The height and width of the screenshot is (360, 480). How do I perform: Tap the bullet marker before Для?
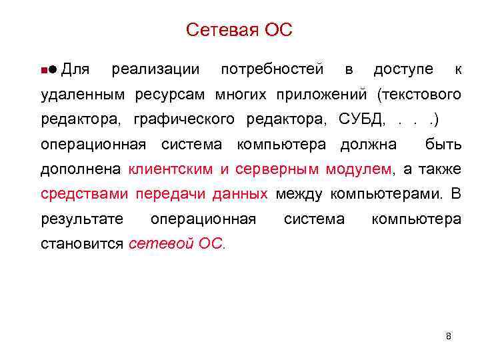(x=48, y=69)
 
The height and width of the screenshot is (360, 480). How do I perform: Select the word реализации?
(x=155, y=69)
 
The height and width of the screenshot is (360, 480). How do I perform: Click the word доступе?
(x=403, y=69)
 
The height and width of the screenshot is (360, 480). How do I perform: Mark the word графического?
(x=184, y=119)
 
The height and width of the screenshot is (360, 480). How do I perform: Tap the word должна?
(x=368, y=144)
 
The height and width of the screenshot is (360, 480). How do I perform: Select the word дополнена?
(x=81, y=169)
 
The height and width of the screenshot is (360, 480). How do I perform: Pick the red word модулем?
(x=359, y=169)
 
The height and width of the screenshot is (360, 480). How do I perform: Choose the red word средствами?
(x=85, y=194)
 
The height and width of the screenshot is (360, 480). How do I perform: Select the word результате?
(x=82, y=219)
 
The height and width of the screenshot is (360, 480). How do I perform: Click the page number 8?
(x=448, y=336)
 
